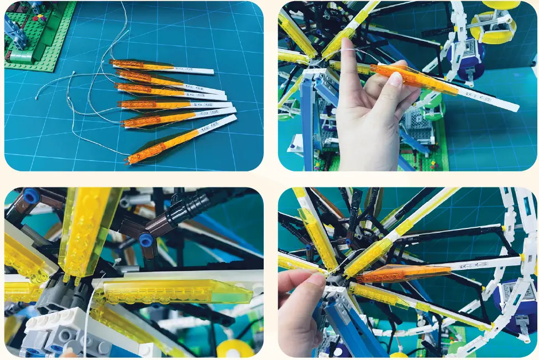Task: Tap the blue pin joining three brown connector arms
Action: pos(146,239)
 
